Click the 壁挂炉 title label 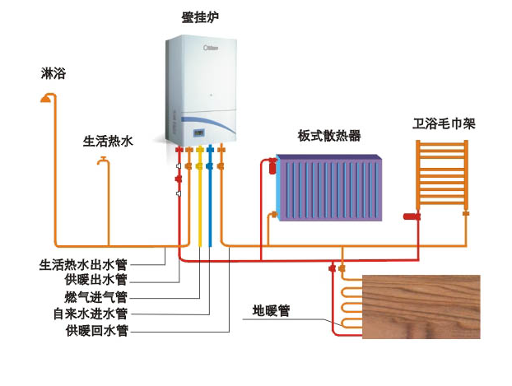point(200,17)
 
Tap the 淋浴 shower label point(54,73)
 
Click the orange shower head point(47,98)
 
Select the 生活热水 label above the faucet point(108,142)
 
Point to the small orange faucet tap point(103,161)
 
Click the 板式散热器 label point(329,136)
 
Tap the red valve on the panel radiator point(272,166)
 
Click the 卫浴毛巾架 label point(444,123)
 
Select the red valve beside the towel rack point(412,216)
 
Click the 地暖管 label point(271,310)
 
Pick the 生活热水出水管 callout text point(83,264)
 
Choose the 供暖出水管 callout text point(95,280)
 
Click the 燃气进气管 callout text point(95,297)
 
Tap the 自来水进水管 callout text point(90,314)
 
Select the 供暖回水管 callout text point(96,331)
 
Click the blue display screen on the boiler point(199,133)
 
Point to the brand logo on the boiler point(211,48)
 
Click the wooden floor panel point(421,307)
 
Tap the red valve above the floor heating point(332,268)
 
